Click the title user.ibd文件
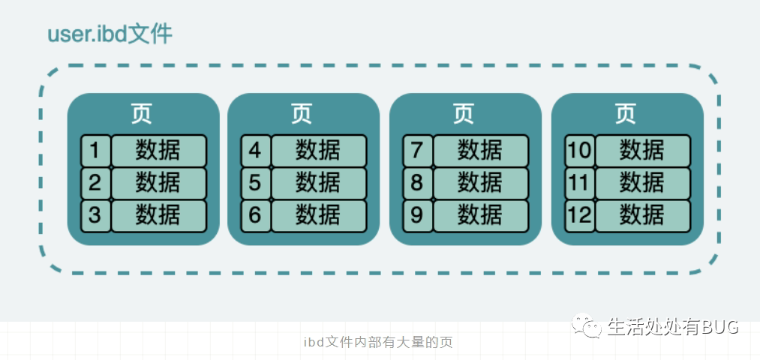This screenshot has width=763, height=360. [110, 34]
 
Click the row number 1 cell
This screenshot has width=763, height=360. [95, 151]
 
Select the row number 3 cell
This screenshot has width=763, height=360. [95, 215]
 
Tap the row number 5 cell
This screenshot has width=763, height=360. [255, 183]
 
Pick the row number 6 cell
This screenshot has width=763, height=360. [255, 215]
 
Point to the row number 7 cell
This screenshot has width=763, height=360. [417, 151]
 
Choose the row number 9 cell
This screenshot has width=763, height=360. [417, 215]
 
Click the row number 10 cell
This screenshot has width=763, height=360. [579, 151]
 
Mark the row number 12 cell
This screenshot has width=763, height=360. [579, 215]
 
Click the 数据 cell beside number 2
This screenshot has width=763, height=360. [158, 183]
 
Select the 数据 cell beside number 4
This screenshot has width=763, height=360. [318, 151]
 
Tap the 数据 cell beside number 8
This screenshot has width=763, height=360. [480, 183]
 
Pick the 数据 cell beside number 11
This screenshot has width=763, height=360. [642, 183]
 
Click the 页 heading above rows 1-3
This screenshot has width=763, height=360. [143, 113]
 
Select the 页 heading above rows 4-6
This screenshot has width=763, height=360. [302, 113]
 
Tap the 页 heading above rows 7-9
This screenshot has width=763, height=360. [464, 113]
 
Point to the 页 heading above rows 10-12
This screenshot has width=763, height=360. [626, 113]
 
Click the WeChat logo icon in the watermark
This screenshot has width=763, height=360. [587, 326]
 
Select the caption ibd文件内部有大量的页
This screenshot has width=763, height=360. [379, 343]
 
